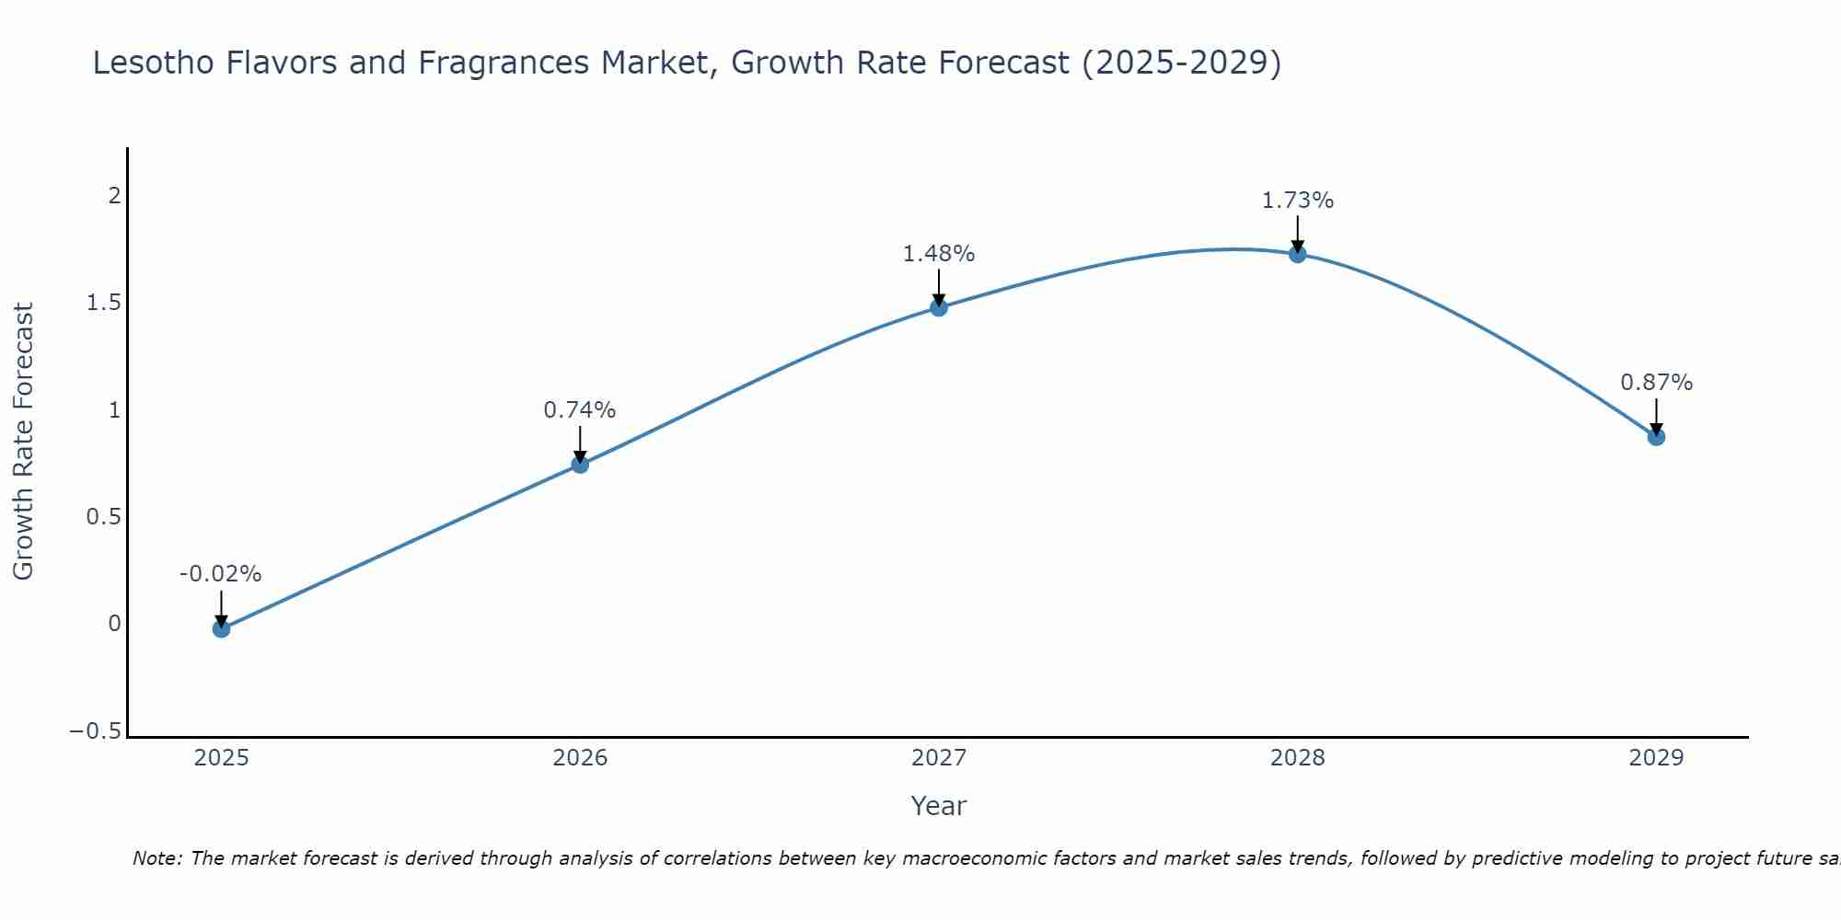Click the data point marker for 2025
point(221,628)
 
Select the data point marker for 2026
point(580,465)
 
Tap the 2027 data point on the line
point(939,307)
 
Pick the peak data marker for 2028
point(1298,254)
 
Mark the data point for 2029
point(1656,437)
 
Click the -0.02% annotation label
point(221,574)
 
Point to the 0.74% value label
point(580,410)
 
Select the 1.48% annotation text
point(939,254)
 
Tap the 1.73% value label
point(1298,201)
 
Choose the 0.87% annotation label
point(1656,383)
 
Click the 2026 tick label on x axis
point(580,758)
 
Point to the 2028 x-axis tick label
point(1298,758)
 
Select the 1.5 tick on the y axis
point(104,303)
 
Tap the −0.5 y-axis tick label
point(96,730)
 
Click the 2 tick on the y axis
point(115,196)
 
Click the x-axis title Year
point(939,806)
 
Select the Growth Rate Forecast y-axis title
point(23,442)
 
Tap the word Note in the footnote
point(156,858)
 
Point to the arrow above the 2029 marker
point(1656,417)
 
